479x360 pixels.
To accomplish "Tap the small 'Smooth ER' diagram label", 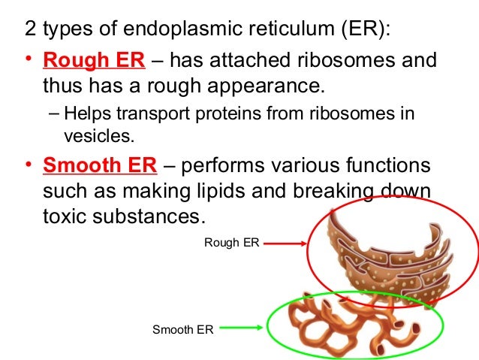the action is click(x=183, y=328).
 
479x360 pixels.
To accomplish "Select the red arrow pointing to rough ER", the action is click(x=285, y=243).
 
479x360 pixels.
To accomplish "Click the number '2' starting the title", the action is click(x=30, y=31).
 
